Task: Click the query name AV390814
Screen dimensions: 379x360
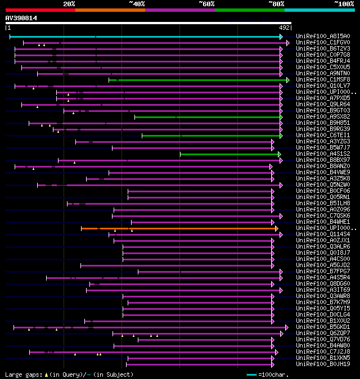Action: click(x=21, y=18)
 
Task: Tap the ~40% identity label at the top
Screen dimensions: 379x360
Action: click(x=137, y=3)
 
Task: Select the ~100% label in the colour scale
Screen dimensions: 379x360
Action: click(x=344, y=3)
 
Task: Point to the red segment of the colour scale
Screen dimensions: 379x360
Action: click(x=39, y=10)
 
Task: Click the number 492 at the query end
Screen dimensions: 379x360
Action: click(x=284, y=27)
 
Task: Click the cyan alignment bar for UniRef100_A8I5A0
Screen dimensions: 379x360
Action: click(x=146, y=37)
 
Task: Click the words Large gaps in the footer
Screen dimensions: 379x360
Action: click(x=22, y=375)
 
